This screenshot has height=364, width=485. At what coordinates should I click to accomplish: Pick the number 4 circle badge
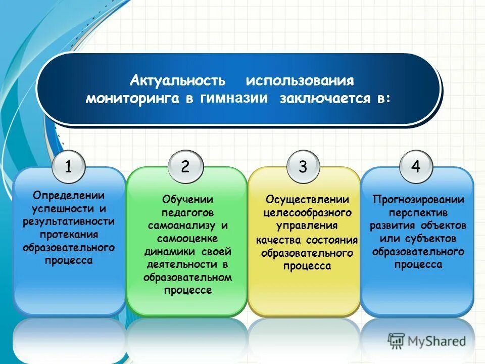416,166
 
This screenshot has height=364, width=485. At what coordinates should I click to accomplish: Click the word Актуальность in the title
177,81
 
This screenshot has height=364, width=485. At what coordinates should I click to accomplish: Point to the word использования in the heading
300,81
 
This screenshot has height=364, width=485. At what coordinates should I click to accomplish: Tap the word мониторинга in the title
132,99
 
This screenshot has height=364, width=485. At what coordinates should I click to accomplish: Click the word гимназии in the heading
233,98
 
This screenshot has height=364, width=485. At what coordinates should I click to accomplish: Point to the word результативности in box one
68,221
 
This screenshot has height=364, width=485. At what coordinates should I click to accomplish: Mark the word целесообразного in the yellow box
307,212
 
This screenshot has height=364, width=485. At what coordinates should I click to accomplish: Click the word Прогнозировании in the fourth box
418,199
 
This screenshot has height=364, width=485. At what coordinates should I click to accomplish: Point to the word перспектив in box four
418,212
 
